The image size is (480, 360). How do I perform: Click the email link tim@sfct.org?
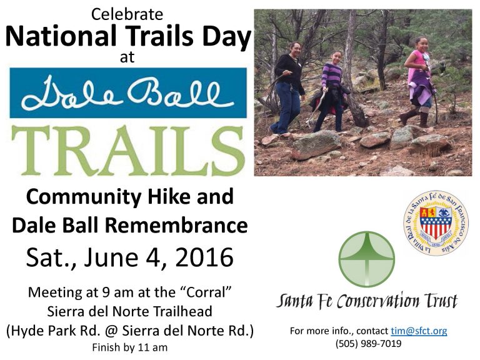pyautogui.click(x=419, y=331)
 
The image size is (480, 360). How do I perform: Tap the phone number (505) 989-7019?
pyautogui.click(x=368, y=344)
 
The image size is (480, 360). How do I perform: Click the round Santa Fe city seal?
pyautogui.click(x=436, y=223)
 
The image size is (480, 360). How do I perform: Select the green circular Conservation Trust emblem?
pyautogui.click(x=367, y=259)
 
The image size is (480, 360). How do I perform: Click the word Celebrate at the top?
pyautogui.click(x=127, y=14)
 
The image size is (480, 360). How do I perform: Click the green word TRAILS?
pyautogui.click(x=128, y=150)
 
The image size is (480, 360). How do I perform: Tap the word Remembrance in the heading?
pyautogui.click(x=177, y=225)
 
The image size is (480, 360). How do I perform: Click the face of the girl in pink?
pyautogui.click(x=422, y=45)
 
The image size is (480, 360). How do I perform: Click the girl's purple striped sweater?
pyautogui.click(x=332, y=75)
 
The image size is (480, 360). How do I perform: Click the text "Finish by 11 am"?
pyautogui.click(x=130, y=347)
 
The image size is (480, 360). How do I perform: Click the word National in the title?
pyautogui.click(x=61, y=36)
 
